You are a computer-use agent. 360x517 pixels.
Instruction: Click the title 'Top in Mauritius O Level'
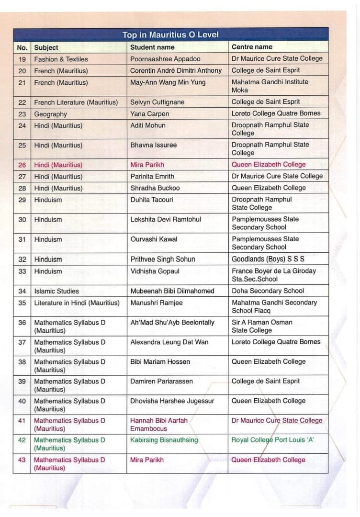tap(170, 34)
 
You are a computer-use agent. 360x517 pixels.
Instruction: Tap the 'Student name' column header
tap(152, 47)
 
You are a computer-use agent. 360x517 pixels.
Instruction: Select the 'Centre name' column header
tap(252, 47)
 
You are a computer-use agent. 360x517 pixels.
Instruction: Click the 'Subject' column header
tap(46, 47)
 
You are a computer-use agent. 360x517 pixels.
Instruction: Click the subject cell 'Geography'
tap(50, 114)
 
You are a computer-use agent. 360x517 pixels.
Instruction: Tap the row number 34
tap(22, 291)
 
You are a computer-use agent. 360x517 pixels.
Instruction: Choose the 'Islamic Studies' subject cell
tap(56, 291)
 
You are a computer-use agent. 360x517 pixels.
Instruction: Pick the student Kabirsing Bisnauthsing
tap(164, 440)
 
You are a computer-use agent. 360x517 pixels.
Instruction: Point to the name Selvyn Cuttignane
tap(157, 102)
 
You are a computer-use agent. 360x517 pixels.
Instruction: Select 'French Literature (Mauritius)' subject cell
tap(76, 102)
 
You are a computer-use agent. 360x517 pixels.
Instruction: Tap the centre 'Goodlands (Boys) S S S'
tap(268, 259)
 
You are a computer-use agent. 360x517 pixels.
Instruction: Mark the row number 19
tap(22, 59)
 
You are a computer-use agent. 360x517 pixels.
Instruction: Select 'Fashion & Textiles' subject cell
tap(61, 59)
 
